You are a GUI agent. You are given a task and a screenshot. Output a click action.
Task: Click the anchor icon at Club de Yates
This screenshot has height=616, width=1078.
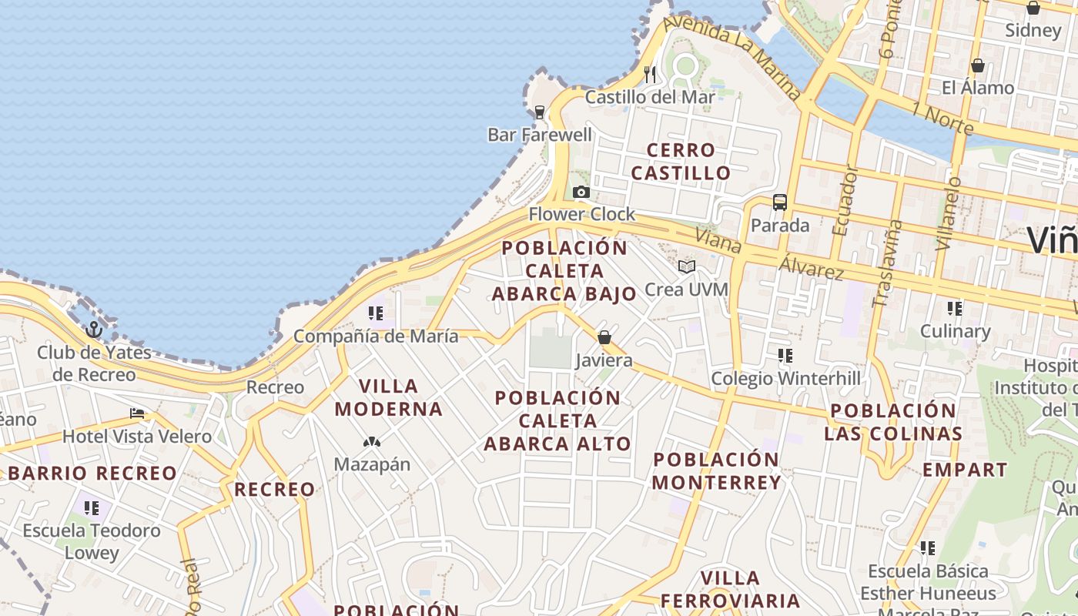(x=94, y=330)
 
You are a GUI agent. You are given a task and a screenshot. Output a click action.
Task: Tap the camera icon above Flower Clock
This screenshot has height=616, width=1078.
(x=581, y=192)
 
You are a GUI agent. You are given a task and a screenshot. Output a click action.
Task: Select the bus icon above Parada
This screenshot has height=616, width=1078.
(x=780, y=203)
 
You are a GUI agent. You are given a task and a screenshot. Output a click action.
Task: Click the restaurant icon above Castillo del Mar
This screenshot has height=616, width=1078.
(x=651, y=74)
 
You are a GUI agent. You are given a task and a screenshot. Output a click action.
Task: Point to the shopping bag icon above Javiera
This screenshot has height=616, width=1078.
(x=604, y=337)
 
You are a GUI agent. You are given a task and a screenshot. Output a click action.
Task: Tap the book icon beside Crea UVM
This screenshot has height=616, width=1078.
(x=687, y=266)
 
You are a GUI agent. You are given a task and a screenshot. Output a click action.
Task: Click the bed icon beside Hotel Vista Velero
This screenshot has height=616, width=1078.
(x=137, y=413)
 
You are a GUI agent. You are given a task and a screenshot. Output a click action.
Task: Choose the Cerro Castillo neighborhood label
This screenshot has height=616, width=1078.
(x=681, y=161)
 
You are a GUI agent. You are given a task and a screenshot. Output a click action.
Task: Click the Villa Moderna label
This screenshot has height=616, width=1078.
(x=389, y=397)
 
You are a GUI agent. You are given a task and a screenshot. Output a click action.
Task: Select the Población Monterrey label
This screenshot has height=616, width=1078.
(x=717, y=470)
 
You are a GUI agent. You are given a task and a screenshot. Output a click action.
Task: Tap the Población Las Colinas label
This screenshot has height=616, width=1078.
(x=893, y=421)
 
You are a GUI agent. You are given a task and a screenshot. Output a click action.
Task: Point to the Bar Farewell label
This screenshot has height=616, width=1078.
(x=540, y=135)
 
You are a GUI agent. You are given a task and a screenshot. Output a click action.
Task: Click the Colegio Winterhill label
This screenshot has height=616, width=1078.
(x=785, y=378)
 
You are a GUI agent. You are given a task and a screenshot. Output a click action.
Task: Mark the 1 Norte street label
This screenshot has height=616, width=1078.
(x=942, y=117)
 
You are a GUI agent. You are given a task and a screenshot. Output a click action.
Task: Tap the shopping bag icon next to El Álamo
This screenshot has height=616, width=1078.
(x=977, y=65)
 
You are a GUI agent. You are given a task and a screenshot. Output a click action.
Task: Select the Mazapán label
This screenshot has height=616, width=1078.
(x=372, y=464)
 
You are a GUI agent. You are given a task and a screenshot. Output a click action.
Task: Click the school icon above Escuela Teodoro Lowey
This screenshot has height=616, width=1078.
(x=92, y=508)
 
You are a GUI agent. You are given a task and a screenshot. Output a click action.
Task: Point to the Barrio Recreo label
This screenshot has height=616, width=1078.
(x=92, y=473)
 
